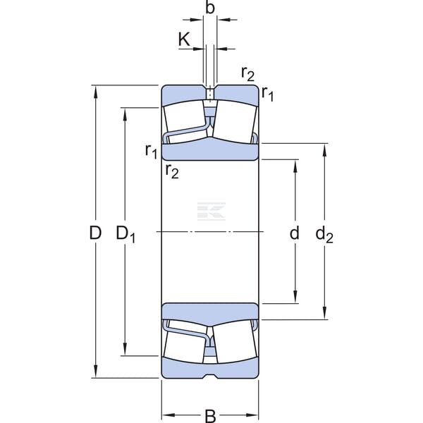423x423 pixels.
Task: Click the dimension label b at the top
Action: (210, 8)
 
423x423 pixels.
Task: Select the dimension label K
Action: (184, 39)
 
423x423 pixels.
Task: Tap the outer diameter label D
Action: (95, 233)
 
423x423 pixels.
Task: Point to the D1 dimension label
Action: (125, 234)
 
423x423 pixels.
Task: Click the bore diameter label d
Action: (294, 233)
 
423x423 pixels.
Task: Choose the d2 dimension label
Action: (324, 234)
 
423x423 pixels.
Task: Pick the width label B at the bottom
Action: (210, 416)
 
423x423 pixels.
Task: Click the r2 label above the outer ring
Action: (247, 73)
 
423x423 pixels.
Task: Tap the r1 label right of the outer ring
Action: (268, 94)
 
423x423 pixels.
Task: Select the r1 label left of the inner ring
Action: (151, 151)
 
